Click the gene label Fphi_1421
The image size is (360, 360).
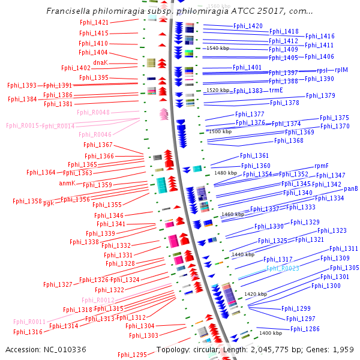pos(94,22)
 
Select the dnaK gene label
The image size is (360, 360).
pos(100,62)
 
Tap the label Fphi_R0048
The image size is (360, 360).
pos(93,113)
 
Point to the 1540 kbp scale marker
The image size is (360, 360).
pos(218,48)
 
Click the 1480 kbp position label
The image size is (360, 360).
pos(226,173)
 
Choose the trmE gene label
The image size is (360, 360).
pos(275,91)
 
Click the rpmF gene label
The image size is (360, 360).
pos(322,166)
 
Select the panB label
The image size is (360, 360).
pos(351,189)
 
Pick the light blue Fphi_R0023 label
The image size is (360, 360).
pos(283,269)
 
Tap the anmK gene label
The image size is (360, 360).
pos(67,183)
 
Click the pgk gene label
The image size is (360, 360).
pos(48,203)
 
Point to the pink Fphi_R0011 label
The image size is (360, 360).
pos(29,322)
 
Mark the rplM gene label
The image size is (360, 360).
pos(341,70)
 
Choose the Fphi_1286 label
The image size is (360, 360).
pos(305,329)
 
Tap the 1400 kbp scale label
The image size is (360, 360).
pos(270,333)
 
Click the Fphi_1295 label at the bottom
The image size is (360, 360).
pos(132,355)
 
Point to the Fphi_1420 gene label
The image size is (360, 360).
pos(248,26)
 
